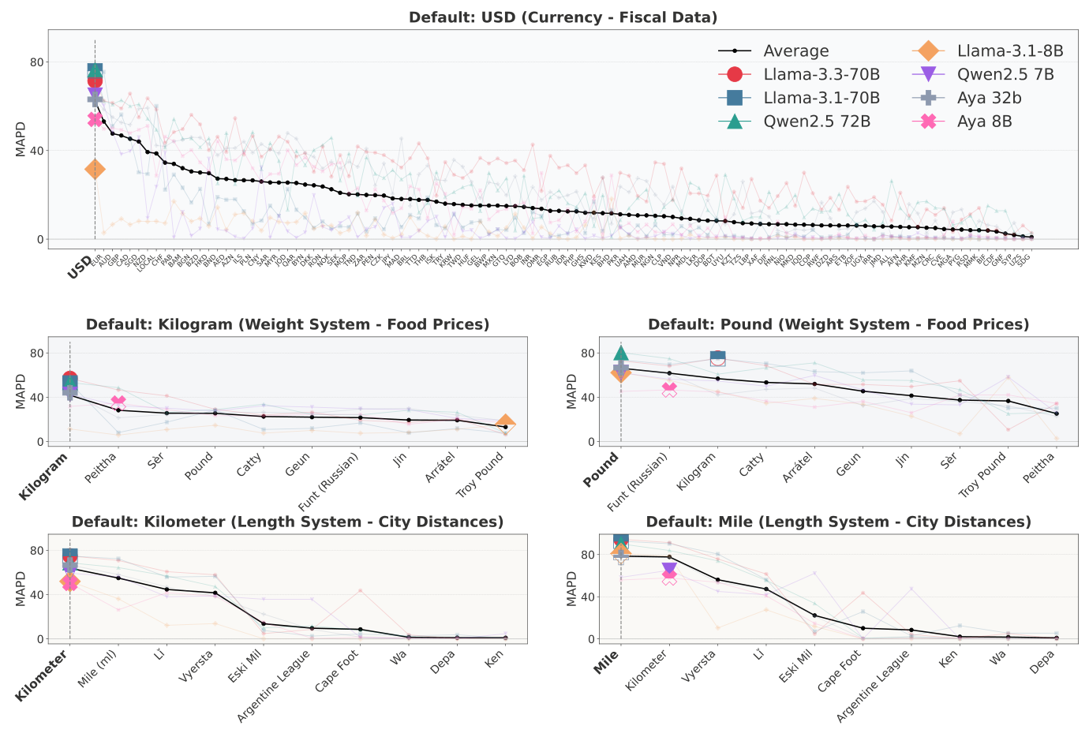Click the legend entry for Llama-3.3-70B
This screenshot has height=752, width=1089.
(821, 74)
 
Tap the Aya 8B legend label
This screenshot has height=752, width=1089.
(984, 122)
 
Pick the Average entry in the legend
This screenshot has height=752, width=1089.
(795, 51)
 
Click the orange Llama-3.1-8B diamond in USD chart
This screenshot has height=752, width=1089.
(95, 169)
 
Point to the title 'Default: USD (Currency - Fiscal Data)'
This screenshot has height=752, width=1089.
(563, 17)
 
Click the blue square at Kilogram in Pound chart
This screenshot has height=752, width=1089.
(717, 358)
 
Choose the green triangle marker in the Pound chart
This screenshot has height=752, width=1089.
(621, 353)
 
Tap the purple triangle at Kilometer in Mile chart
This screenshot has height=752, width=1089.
(669, 568)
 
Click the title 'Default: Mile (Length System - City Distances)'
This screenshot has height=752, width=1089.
(838, 522)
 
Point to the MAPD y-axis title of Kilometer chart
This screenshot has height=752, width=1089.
(21, 589)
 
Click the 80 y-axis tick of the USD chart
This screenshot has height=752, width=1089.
(36, 62)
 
